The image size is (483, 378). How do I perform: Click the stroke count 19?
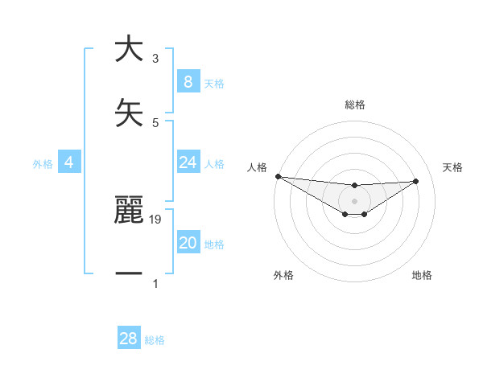156,219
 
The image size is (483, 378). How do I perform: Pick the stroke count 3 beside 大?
155,59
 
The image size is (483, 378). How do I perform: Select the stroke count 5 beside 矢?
155,122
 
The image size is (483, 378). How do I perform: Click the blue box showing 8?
188,82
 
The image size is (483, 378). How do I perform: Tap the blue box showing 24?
188,162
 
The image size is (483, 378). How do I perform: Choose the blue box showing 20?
188,243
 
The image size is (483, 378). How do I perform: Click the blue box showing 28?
128,339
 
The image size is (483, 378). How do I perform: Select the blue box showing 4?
68,162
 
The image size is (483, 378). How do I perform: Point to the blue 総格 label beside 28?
155,340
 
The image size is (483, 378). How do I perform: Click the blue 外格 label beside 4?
43,164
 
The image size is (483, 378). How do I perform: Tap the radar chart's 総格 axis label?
355,105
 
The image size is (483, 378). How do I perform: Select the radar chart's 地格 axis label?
422,275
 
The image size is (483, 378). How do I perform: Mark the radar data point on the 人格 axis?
278,176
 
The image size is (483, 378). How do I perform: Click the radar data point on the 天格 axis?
416,181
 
